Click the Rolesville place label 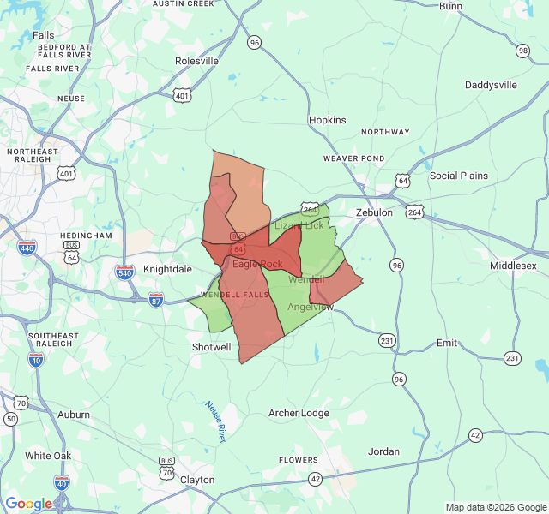(196, 61)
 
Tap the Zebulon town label (374, 212)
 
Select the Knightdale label (167, 269)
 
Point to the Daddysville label (491, 85)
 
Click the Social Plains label (458, 176)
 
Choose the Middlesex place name (513, 266)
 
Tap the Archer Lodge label (299, 413)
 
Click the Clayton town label (197, 480)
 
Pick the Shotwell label (211, 347)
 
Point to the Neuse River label (214, 421)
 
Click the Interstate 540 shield (124, 272)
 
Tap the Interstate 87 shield (155, 299)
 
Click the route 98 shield (522, 51)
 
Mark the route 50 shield (10, 418)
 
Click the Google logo (28, 504)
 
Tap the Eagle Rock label (257, 264)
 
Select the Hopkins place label (327, 120)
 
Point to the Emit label (447, 342)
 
